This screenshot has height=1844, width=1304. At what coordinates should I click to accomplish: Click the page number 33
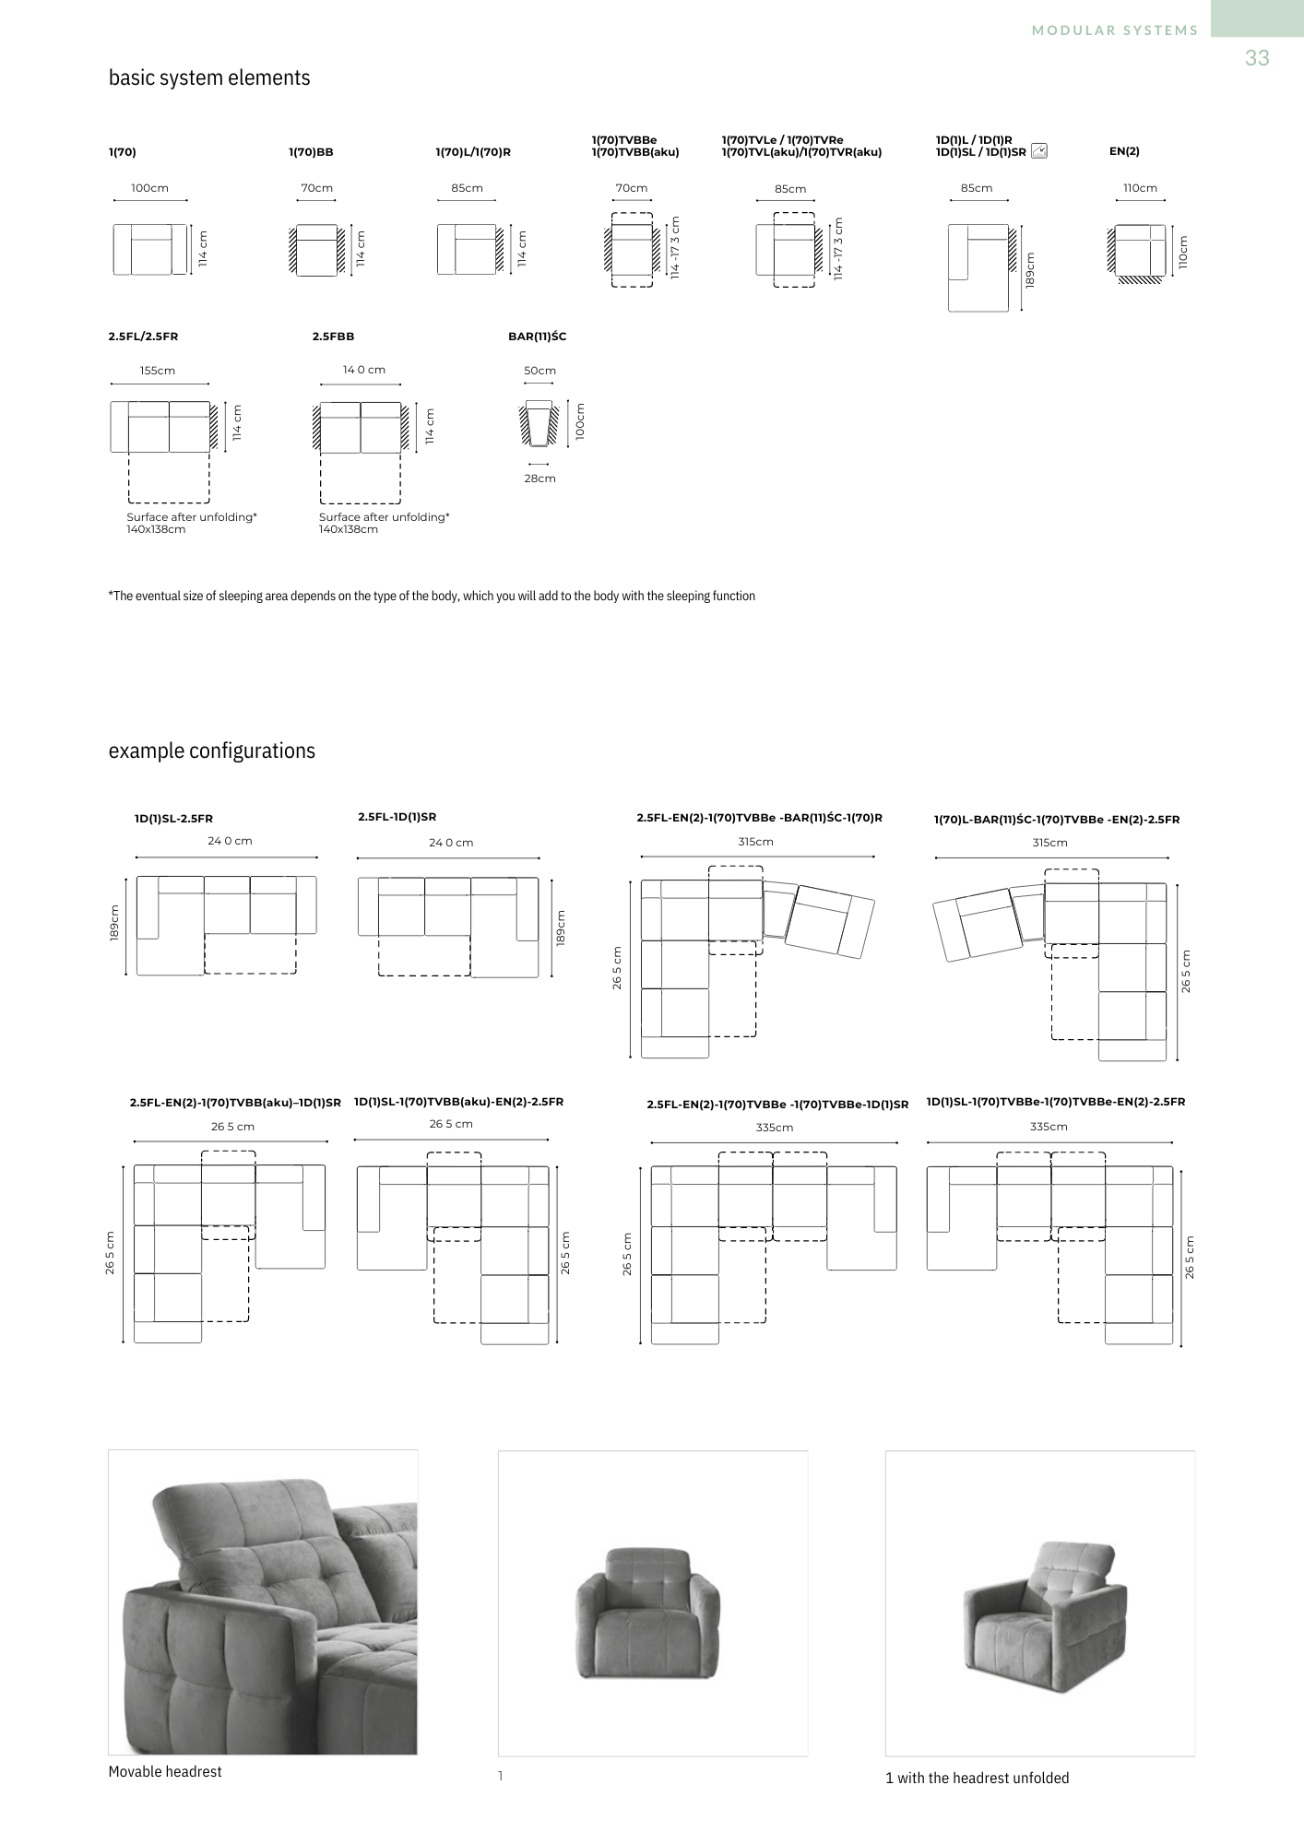tap(1257, 58)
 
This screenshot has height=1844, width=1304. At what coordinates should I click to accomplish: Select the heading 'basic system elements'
tap(209, 78)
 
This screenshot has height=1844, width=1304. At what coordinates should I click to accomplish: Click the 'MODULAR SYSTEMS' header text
tap(1115, 30)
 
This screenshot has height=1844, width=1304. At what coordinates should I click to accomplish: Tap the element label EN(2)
tap(1124, 151)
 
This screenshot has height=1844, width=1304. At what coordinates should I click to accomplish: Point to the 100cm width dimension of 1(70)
tap(149, 188)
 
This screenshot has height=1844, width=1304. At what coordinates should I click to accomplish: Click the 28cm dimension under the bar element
tap(539, 479)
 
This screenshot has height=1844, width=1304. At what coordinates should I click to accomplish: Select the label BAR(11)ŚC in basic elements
tap(537, 337)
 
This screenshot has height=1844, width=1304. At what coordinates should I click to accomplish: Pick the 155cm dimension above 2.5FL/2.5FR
tap(158, 371)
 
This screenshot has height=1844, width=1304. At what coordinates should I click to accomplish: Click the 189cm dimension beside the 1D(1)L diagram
tap(1030, 269)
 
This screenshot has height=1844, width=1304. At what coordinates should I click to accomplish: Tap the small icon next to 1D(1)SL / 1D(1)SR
tap(1039, 151)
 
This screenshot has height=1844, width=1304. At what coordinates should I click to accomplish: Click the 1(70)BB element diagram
tap(316, 250)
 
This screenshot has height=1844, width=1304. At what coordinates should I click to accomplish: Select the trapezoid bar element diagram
tap(539, 423)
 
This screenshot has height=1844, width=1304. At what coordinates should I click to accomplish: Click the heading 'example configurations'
tap(212, 751)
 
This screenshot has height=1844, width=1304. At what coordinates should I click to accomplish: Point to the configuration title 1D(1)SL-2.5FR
tap(173, 819)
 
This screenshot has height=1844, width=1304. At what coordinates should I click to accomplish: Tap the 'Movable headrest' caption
tap(165, 1772)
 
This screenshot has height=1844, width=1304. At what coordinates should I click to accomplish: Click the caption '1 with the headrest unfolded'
tap(977, 1779)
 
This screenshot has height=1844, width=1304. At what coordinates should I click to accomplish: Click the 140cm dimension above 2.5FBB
tap(364, 370)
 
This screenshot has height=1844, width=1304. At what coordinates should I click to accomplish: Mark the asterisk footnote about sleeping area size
tap(432, 597)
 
